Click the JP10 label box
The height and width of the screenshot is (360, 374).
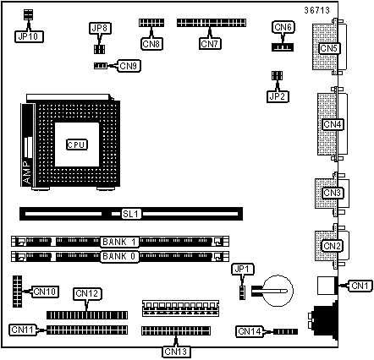point(29,36)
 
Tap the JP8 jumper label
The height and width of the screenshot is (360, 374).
point(100,29)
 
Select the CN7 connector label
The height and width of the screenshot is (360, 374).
point(210,44)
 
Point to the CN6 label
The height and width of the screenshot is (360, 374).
point(283,27)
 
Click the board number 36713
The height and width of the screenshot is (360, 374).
point(317,11)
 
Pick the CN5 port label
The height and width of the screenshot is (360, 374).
point(329,48)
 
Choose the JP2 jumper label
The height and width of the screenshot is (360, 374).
point(278,96)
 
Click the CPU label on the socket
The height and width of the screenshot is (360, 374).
point(77,145)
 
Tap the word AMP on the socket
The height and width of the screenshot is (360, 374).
point(28,172)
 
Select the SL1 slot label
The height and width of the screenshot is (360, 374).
point(131,214)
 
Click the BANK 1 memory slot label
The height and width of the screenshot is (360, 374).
point(119,242)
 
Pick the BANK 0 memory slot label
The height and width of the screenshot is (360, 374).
point(119,256)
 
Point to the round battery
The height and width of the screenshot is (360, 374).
point(278,291)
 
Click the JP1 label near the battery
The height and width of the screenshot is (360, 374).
point(243,270)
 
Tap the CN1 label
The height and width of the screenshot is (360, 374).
point(360,286)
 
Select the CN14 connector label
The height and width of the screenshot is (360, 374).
point(250,331)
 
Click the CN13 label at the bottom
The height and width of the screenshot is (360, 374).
point(176,352)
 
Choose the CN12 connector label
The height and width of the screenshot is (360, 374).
point(87,294)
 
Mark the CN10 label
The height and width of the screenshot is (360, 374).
point(46,292)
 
